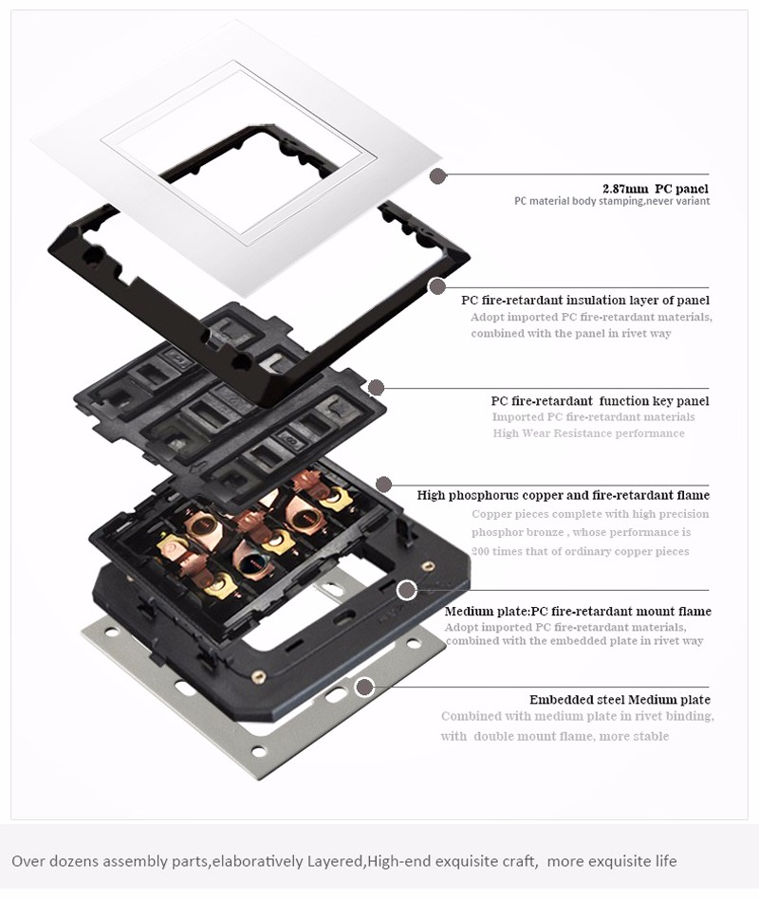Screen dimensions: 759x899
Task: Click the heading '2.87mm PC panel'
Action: click(x=656, y=189)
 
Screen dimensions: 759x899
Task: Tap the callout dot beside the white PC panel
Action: click(x=438, y=176)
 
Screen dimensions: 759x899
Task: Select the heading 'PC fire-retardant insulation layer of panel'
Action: click(x=585, y=300)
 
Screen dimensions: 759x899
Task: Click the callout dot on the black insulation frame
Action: click(x=437, y=285)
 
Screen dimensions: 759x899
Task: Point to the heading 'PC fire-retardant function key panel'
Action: click(x=600, y=401)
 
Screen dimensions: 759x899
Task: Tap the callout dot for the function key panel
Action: click(x=376, y=388)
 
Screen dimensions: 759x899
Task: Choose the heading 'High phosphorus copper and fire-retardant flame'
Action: click(x=564, y=495)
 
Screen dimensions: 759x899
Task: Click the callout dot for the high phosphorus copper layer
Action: click(x=384, y=484)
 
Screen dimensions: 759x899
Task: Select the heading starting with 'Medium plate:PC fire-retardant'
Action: click(x=578, y=611)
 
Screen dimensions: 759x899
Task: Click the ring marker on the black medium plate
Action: click(x=407, y=590)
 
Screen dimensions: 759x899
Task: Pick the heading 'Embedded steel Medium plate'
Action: click(x=620, y=700)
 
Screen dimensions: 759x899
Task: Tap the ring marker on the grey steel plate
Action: click(x=363, y=687)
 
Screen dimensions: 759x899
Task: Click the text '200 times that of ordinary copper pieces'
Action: click(x=580, y=551)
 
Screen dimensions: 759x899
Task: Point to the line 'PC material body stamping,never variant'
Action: click(x=612, y=201)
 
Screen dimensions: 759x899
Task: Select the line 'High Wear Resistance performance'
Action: click(x=588, y=432)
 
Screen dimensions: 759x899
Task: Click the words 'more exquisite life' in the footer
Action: click(x=612, y=861)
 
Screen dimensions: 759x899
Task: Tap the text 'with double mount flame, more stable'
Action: click(x=555, y=736)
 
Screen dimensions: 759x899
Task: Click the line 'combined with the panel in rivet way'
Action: click(x=571, y=333)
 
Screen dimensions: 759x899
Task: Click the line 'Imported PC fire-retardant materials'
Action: click(x=593, y=417)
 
